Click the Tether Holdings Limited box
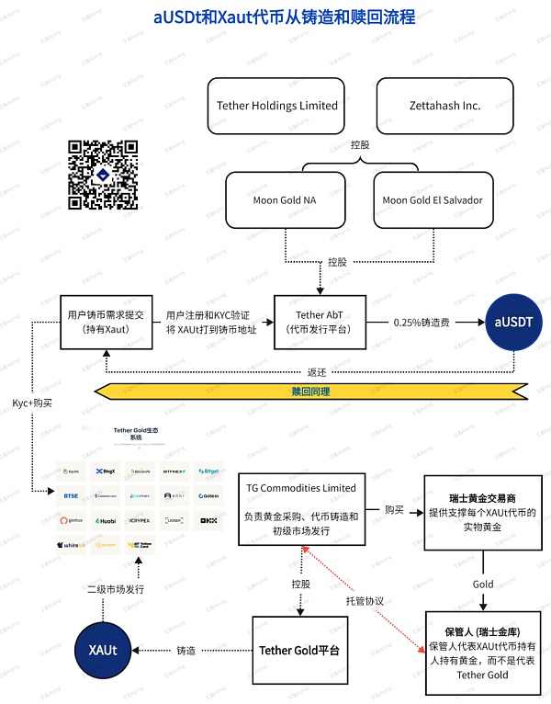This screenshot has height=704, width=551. point(277,106)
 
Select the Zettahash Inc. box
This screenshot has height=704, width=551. point(444,106)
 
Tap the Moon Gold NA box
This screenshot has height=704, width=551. point(284,199)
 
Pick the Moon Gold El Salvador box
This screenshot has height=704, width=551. point(432,199)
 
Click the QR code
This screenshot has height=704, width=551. point(103,175)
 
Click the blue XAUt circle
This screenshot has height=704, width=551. point(102,650)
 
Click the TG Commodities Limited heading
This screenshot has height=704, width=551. point(301,487)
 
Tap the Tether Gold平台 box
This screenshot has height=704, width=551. point(299,651)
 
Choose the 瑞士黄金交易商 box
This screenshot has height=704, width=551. point(480,511)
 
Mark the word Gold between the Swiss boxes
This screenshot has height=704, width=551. point(483,584)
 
